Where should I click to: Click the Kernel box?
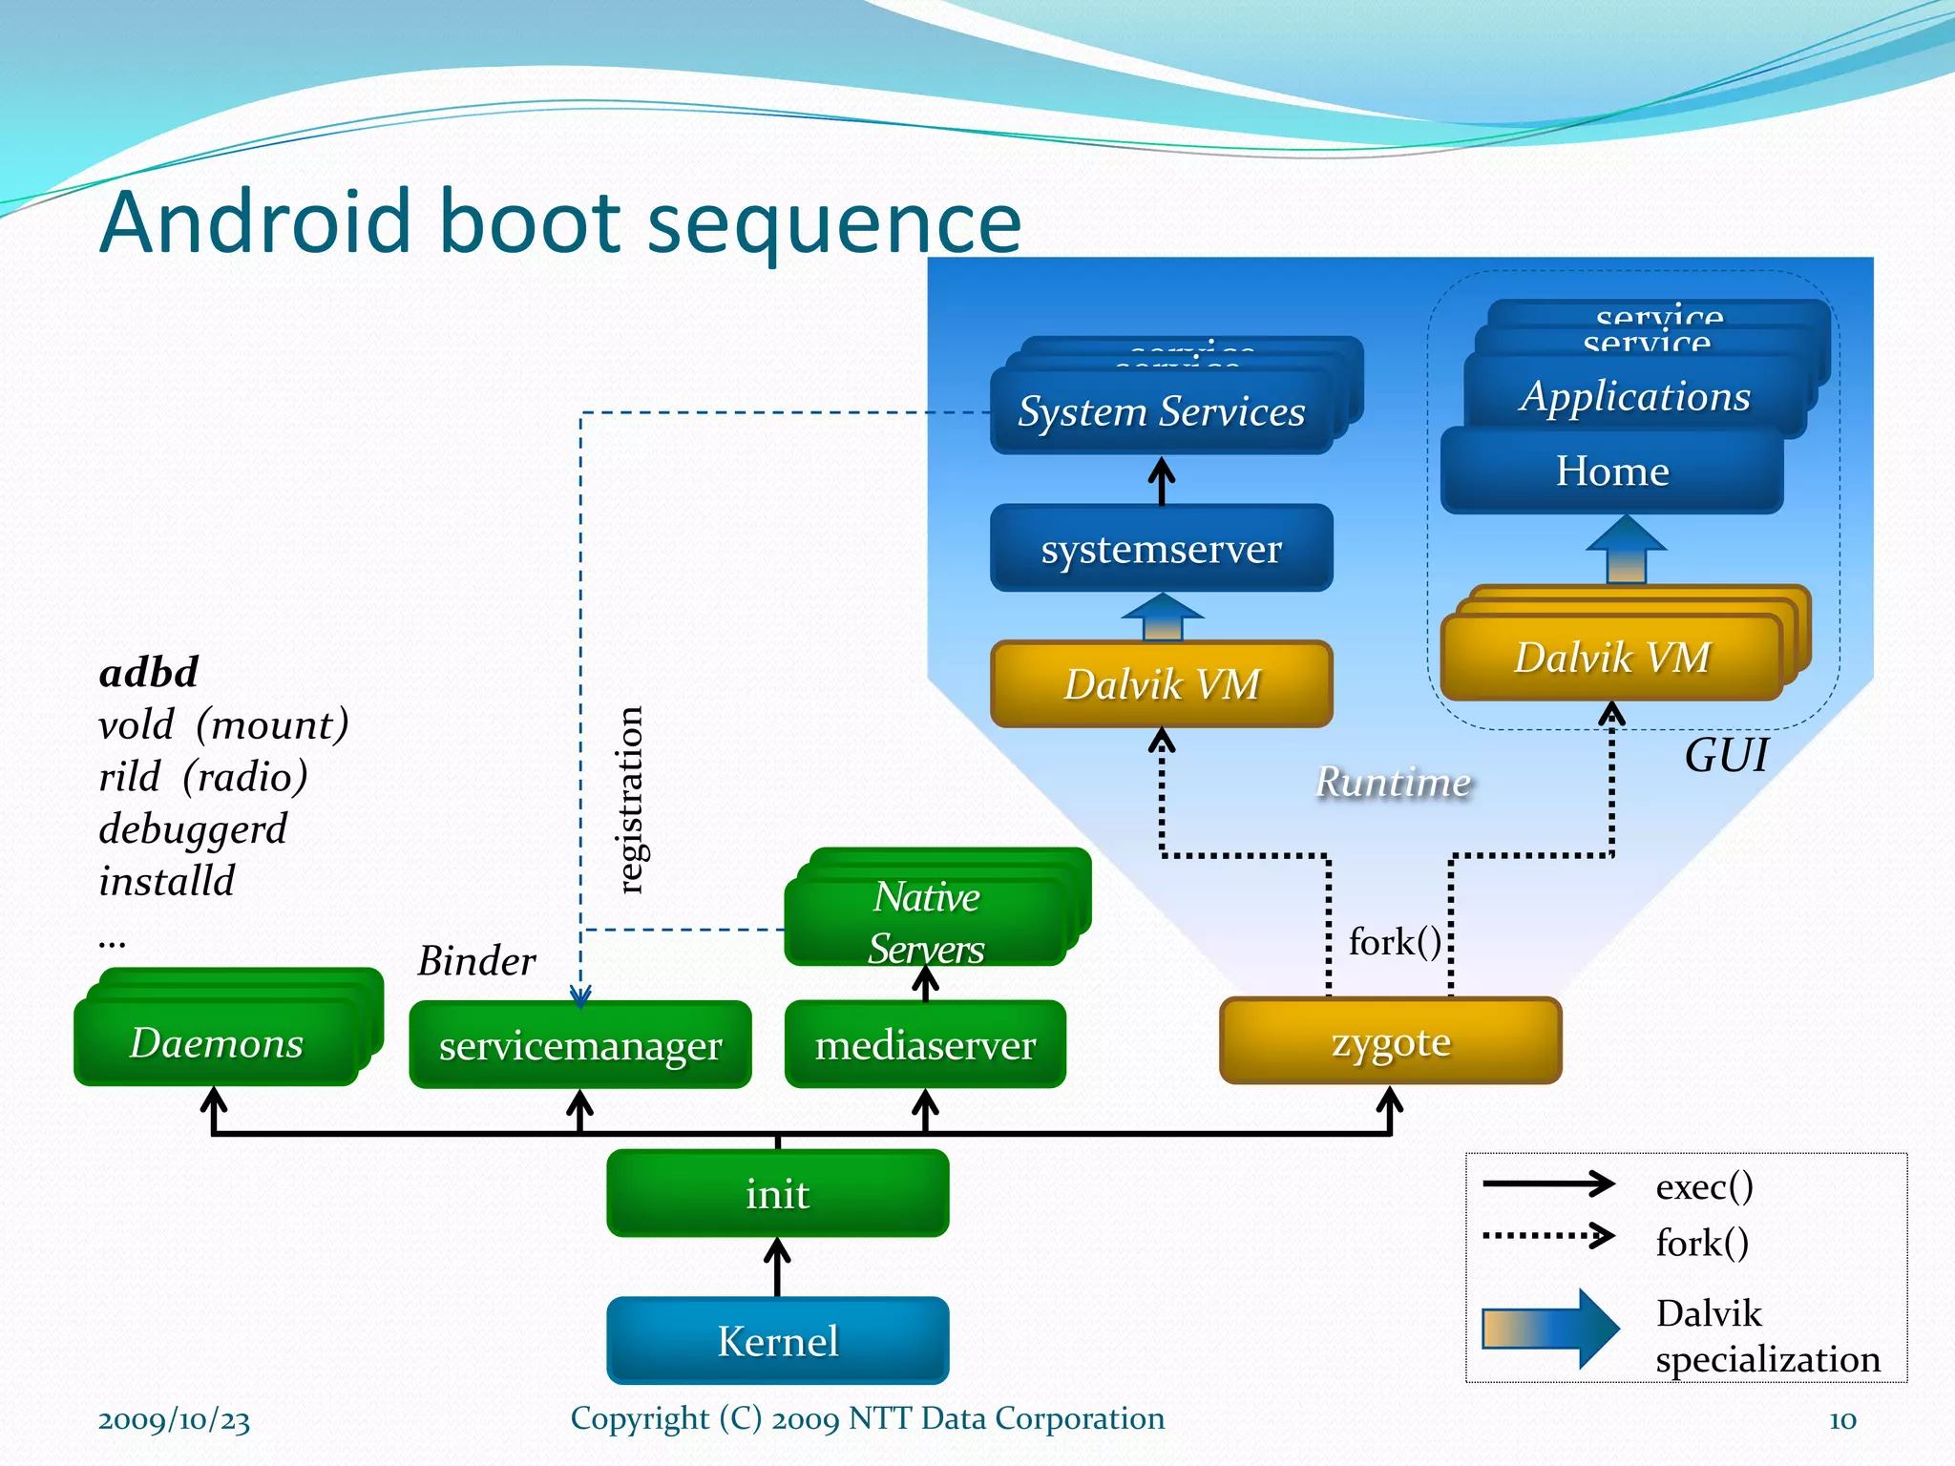click(777, 1340)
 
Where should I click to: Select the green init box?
click(777, 1193)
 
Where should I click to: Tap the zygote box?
click(1390, 1041)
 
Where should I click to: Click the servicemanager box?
click(579, 1045)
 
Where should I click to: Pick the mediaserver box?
click(924, 1044)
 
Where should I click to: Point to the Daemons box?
click(216, 1042)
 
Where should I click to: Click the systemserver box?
click(1161, 548)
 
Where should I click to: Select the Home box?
click(1611, 471)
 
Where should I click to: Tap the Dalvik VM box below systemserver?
click(1161, 683)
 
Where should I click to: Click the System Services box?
click(1161, 411)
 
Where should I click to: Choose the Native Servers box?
click(925, 922)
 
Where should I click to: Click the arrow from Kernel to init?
click(777, 1267)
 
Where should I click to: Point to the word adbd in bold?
click(149, 672)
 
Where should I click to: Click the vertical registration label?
click(629, 800)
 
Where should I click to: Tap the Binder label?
click(476, 960)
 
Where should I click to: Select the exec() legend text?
click(1704, 1185)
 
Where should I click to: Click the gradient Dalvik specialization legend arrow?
click(1550, 1328)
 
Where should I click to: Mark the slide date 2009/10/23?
click(174, 1419)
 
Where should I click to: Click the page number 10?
click(1842, 1419)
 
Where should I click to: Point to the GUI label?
click(1726, 755)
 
